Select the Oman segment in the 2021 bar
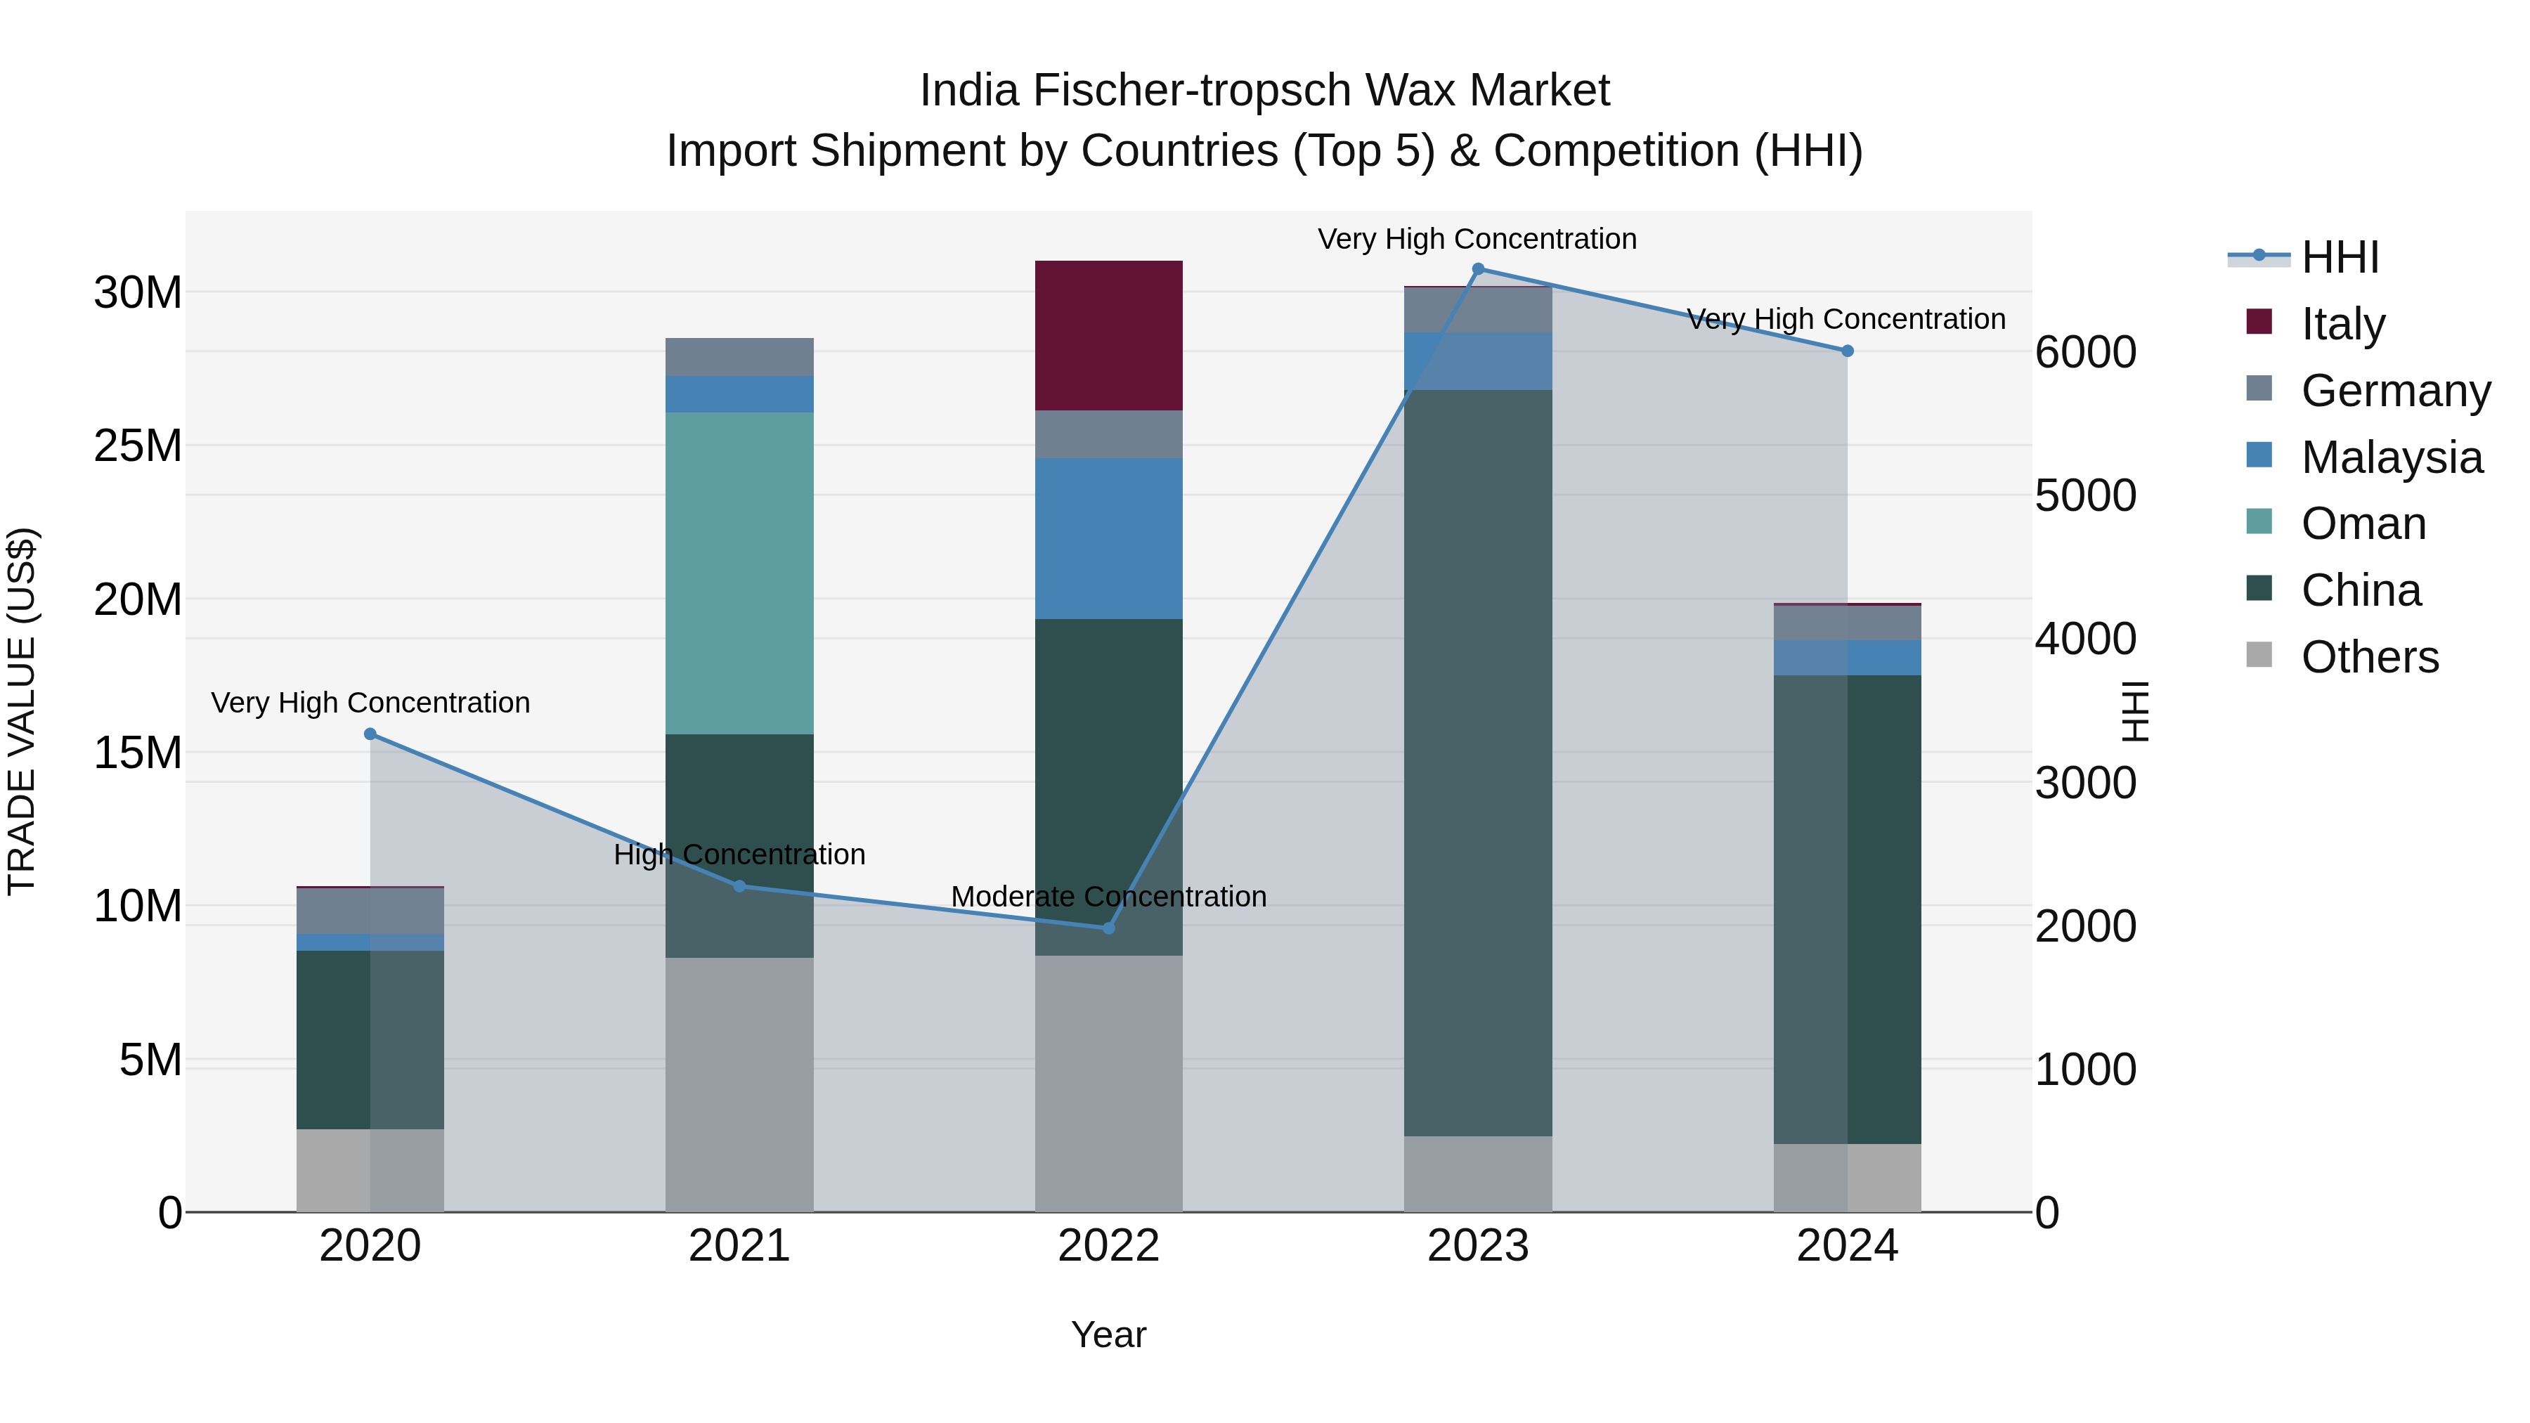click(739, 573)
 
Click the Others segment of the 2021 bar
click(739, 1084)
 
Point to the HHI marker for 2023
click(1477, 269)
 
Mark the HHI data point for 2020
click(370, 734)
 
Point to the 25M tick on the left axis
click(138, 446)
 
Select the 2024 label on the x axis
click(1846, 1246)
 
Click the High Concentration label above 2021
click(739, 855)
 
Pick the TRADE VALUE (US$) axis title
click(22, 711)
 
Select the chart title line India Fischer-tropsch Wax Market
click(1264, 91)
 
